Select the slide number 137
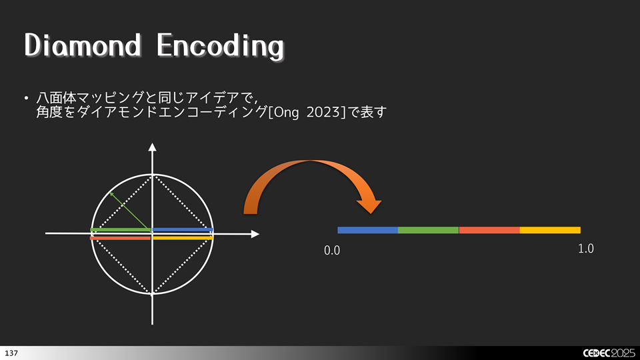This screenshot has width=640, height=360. (x=11, y=351)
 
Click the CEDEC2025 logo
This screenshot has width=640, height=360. (x=609, y=351)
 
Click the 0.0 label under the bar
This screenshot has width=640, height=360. (x=332, y=251)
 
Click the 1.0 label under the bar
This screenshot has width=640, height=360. (x=585, y=249)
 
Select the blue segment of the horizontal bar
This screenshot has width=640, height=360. (x=368, y=230)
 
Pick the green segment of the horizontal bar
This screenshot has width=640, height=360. (x=429, y=230)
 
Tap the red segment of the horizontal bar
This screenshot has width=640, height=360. (x=489, y=230)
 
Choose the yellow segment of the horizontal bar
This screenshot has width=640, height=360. (x=550, y=230)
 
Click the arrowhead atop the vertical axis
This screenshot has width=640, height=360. (x=153, y=148)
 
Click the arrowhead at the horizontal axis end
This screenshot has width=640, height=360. (x=254, y=234)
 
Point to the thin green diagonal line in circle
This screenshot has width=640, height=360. (x=130, y=210)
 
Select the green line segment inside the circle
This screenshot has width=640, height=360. (x=121, y=230)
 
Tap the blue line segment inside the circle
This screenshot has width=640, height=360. (x=183, y=230)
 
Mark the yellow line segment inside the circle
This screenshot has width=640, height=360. (x=183, y=237)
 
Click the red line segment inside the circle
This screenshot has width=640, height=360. (x=121, y=238)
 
